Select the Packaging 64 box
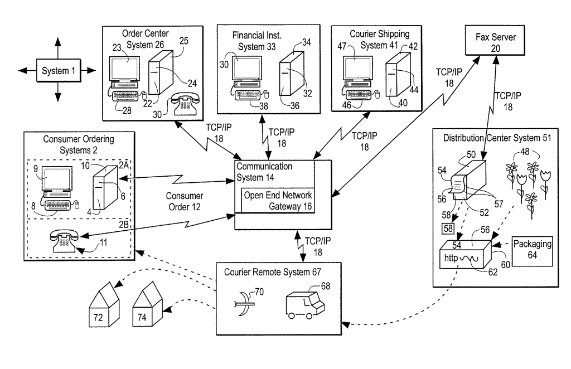[533, 249]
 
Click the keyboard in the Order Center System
[128, 95]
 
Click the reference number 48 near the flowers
[509, 152]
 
